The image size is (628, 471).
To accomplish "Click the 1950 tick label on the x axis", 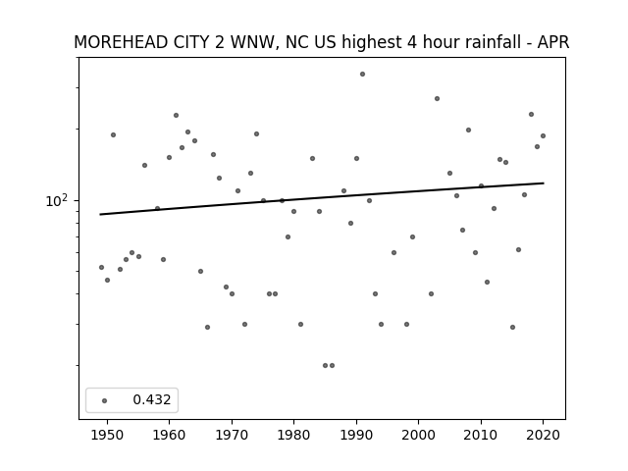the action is click(x=107, y=435).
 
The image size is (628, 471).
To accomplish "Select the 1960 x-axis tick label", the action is click(x=169, y=435).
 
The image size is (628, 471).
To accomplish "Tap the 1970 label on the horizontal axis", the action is click(x=232, y=435).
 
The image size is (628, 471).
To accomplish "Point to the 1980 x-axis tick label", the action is click(x=293, y=435).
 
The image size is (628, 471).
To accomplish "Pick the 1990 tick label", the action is click(x=356, y=435).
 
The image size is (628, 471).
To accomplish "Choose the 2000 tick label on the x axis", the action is click(x=418, y=435).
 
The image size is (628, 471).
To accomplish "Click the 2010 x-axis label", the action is click(x=481, y=435).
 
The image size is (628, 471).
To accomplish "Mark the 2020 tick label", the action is click(x=543, y=435).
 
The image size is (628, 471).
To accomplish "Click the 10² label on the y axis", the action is click(x=57, y=200).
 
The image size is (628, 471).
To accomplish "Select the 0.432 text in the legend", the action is click(x=152, y=399).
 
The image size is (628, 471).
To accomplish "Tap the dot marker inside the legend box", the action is click(x=105, y=400).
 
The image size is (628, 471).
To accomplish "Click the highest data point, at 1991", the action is click(x=362, y=75).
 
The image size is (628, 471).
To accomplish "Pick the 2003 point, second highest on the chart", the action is click(x=437, y=98).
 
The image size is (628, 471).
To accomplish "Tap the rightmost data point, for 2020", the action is click(x=543, y=135).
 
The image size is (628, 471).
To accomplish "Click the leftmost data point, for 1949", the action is click(x=101, y=267).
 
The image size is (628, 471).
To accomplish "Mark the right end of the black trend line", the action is click(x=544, y=183).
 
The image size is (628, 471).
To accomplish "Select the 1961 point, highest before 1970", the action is click(x=176, y=116).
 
